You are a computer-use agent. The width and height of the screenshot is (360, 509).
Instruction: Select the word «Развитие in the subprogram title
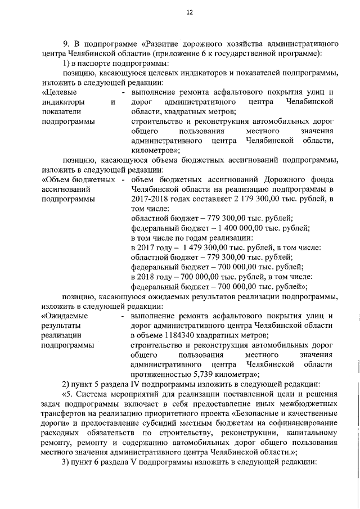[x=163, y=43]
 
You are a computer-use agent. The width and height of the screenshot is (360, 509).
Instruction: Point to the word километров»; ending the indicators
[x=155, y=150]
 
